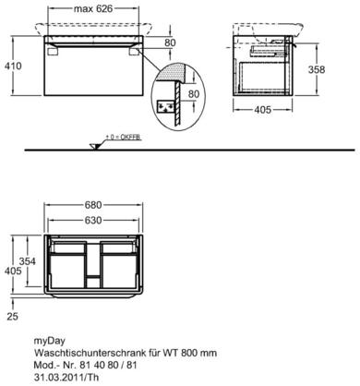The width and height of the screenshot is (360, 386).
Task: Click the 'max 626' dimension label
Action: coord(93,8)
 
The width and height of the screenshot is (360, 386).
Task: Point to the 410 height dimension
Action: coord(13,66)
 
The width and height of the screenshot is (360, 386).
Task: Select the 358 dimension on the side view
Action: coord(317,70)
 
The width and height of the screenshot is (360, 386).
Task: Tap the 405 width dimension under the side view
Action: coord(262,110)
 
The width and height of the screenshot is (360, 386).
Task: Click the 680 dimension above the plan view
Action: coord(93,205)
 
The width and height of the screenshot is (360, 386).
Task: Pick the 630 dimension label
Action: coord(93,221)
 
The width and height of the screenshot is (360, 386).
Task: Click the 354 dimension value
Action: coord(28,261)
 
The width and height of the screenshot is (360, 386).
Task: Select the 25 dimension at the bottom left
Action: coord(12,317)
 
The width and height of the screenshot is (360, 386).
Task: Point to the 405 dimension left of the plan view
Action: coord(13,271)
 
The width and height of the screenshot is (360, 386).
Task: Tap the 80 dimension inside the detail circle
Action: coord(194,94)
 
